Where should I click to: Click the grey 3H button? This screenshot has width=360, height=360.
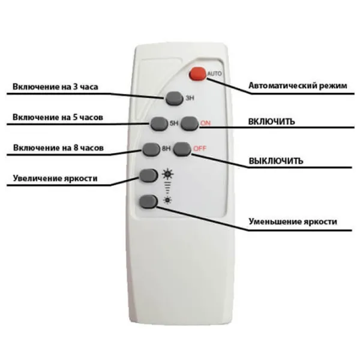click(174, 98)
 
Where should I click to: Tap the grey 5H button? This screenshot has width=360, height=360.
click(159, 124)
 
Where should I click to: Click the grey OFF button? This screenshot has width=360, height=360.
click(182, 149)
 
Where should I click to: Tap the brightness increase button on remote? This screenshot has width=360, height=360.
click(149, 175)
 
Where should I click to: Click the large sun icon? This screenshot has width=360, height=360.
click(167, 174)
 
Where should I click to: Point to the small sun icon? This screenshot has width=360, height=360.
click(167, 200)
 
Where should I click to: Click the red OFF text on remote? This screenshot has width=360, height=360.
click(200, 149)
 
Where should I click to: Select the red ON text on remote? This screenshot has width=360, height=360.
click(205, 123)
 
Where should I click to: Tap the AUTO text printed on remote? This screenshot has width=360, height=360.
click(214, 74)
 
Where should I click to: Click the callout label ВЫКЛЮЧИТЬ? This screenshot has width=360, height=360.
click(276, 161)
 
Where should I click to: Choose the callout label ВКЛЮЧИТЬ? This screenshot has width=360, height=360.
click(272, 121)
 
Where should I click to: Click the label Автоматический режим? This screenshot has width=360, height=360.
click(298, 86)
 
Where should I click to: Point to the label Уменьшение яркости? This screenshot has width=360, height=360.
click(293, 221)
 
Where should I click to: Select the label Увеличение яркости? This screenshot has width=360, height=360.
click(55, 178)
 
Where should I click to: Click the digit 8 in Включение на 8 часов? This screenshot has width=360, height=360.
click(76, 148)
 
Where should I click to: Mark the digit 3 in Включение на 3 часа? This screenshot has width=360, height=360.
click(76, 86)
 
